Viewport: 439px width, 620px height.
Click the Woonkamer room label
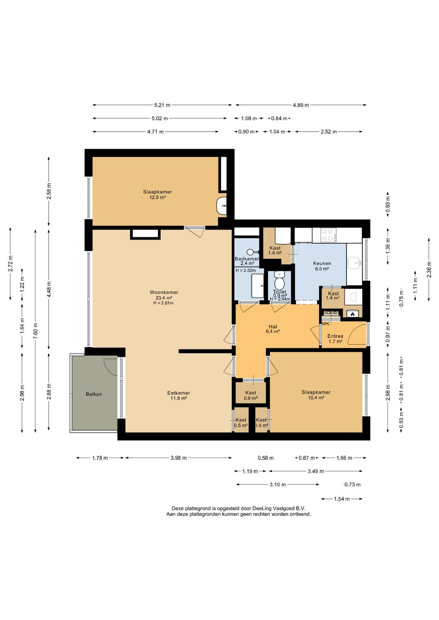164,292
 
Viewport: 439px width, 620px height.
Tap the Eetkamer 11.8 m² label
178,396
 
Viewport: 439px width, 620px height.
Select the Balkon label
94,394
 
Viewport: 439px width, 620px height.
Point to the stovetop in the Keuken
328,235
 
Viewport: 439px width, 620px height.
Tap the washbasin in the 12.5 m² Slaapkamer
221,205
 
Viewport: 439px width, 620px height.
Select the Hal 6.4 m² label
272,329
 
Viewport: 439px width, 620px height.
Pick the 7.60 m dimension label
35,331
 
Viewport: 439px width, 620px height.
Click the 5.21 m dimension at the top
162,105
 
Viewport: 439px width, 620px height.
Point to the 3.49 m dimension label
316,471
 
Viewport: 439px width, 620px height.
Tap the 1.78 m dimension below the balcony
100,458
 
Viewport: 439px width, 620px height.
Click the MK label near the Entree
326,323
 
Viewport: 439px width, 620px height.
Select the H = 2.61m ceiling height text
163,303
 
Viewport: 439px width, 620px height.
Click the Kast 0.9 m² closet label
251,395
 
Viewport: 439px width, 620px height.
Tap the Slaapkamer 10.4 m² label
316,395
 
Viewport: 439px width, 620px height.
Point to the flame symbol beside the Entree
352,314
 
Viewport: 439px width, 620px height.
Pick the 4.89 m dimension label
301,105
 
